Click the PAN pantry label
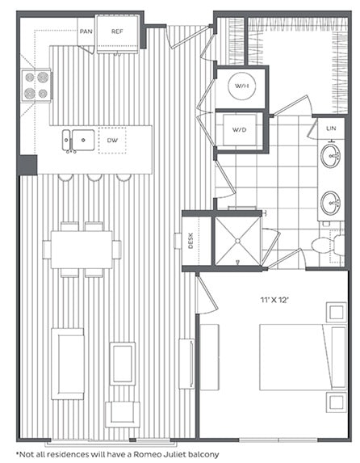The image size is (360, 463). [85, 32]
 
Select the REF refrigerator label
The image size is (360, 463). [117, 32]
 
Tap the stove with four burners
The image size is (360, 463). [36, 85]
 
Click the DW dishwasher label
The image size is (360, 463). [112, 140]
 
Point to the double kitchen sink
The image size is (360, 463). [77, 141]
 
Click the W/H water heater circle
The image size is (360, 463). [240, 86]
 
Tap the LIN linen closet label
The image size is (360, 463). [330, 128]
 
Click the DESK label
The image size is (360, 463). [190, 240]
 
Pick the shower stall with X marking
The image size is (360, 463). [237, 241]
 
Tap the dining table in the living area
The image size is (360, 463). [82, 250]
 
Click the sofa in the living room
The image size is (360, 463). [67, 363]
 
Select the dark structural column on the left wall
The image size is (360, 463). [27, 165]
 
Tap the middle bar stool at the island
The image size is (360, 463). [94, 177]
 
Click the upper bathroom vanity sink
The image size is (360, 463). [330, 157]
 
